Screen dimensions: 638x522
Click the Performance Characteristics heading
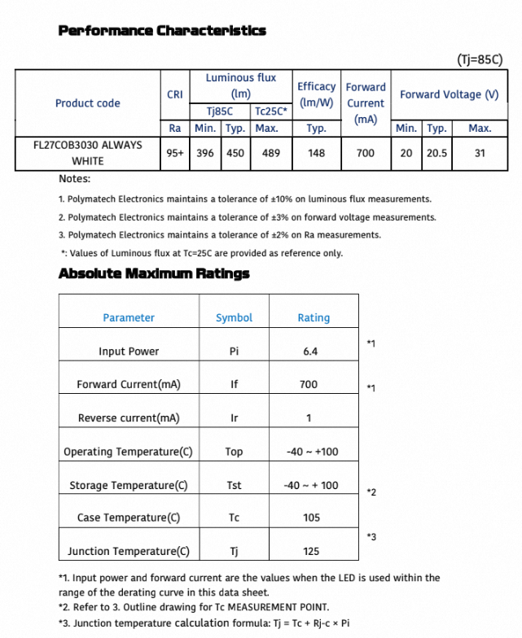pos(162,31)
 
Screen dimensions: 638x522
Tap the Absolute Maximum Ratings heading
pos(154,273)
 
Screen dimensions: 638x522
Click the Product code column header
pos(87,103)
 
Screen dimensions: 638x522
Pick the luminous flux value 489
pos(266,153)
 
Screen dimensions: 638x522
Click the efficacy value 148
pos(316,153)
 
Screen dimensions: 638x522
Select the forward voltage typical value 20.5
pos(437,153)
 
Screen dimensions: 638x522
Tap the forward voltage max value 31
pos(480,153)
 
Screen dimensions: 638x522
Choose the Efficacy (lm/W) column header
pos(316,94)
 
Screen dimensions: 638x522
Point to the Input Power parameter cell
pos(129,352)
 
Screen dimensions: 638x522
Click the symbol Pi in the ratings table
pos(234,352)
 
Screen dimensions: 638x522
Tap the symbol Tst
pos(234,485)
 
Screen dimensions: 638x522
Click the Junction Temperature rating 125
pos(311,551)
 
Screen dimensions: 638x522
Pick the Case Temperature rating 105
pos(311,518)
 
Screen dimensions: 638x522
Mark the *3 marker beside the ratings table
pos(371,536)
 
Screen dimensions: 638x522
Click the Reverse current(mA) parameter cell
pos(128,418)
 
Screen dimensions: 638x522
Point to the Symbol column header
pos(234,318)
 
